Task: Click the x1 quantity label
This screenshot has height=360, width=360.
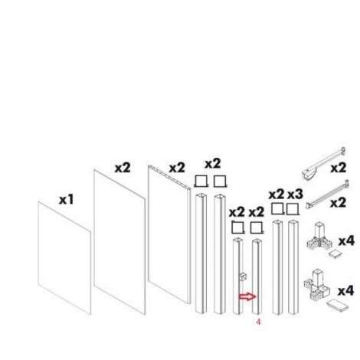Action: pos(67,199)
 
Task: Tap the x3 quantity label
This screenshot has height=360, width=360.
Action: pos(296,195)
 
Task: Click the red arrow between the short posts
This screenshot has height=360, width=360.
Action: pos(247,296)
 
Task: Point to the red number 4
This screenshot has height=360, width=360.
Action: pos(258,322)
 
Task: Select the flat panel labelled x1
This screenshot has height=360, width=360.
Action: pos(64,258)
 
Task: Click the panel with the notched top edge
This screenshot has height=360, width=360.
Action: pos(169,234)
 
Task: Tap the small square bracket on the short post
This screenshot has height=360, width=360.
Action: pos(242,277)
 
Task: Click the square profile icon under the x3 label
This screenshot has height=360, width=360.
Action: pos(293,209)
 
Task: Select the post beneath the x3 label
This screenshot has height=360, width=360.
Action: pos(293,267)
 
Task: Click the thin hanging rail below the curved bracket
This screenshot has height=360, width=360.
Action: pos(328,193)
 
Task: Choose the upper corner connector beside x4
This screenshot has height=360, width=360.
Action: pos(319,237)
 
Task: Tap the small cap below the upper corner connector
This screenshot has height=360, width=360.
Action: pos(335,254)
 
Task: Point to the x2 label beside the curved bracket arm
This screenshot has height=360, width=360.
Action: pos(339,169)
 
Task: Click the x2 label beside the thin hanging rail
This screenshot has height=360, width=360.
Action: pos(338,203)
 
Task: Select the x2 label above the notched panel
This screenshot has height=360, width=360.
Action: pos(177,169)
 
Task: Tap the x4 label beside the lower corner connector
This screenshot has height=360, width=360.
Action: pos(346,291)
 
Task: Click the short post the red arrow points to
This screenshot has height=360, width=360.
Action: pos(257,277)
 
